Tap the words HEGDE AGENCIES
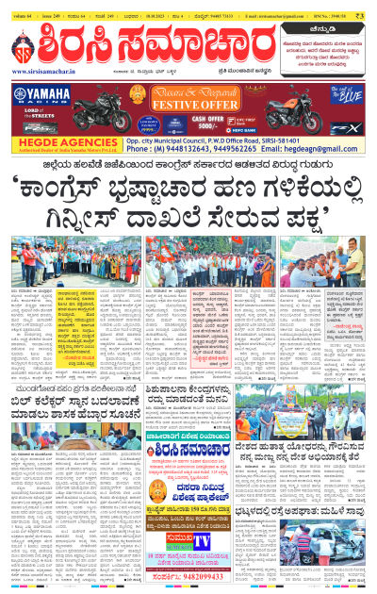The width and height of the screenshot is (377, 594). click(x=47, y=147)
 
